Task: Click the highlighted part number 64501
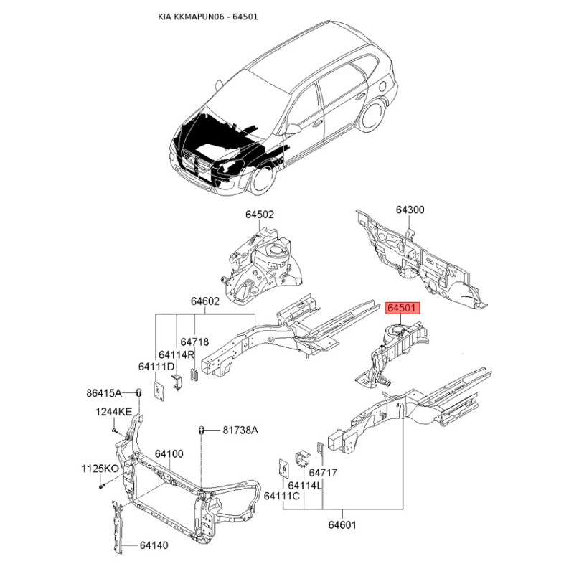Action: pos(402,309)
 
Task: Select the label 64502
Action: pos(260,215)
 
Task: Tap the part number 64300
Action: pos(410,210)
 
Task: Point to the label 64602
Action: pos(205,301)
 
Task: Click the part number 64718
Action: pos(194,342)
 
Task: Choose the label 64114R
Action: pos(176,354)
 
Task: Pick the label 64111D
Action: pos(156,367)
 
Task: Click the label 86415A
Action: pos(104,393)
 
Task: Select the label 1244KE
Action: pos(113,412)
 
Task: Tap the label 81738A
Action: pos(240,430)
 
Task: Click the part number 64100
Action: pos(169,454)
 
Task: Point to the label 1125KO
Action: pos(100,469)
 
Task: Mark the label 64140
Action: pos(154,545)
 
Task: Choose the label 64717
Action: pos(323,473)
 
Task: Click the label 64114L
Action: pos(305,486)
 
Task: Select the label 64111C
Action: pos(282,496)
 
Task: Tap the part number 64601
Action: pos(342,525)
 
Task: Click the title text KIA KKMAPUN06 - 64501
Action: pos(208,17)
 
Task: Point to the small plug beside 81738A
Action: pos(201,430)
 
